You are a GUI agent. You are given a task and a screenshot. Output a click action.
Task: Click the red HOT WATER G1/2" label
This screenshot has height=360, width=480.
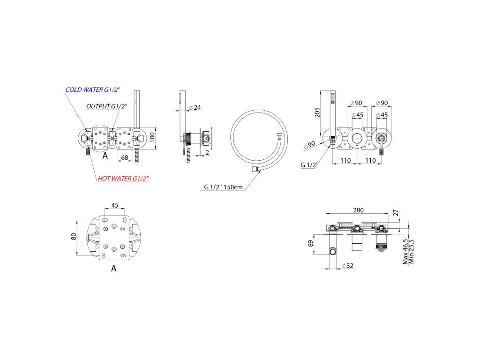pyautogui.click(x=123, y=179)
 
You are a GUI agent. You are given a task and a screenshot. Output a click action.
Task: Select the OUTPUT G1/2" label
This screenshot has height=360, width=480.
pyautogui.click(x=107, y=106)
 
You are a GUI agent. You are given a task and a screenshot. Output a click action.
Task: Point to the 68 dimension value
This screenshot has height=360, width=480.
pyautogui.click(x=125, y=157)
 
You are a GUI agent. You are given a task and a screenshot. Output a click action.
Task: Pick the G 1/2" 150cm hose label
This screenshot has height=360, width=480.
pyautogui.click(x=223, y=187)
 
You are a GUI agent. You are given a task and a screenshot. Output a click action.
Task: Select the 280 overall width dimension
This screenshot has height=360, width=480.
pyautogui.click(x=358, y=210)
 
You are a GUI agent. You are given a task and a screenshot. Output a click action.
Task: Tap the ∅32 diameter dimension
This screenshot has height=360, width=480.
pyautogui.click(x=347, y=266)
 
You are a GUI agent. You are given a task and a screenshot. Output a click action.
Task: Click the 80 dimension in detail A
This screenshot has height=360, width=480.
pyautogui.click(x=73, y=237)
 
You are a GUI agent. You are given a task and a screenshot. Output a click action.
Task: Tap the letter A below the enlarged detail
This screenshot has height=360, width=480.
pyautogui.click(x=113, y=269)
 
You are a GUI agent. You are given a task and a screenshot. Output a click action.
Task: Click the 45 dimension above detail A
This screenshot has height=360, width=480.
pyautogui.click(x=114, y=205)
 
